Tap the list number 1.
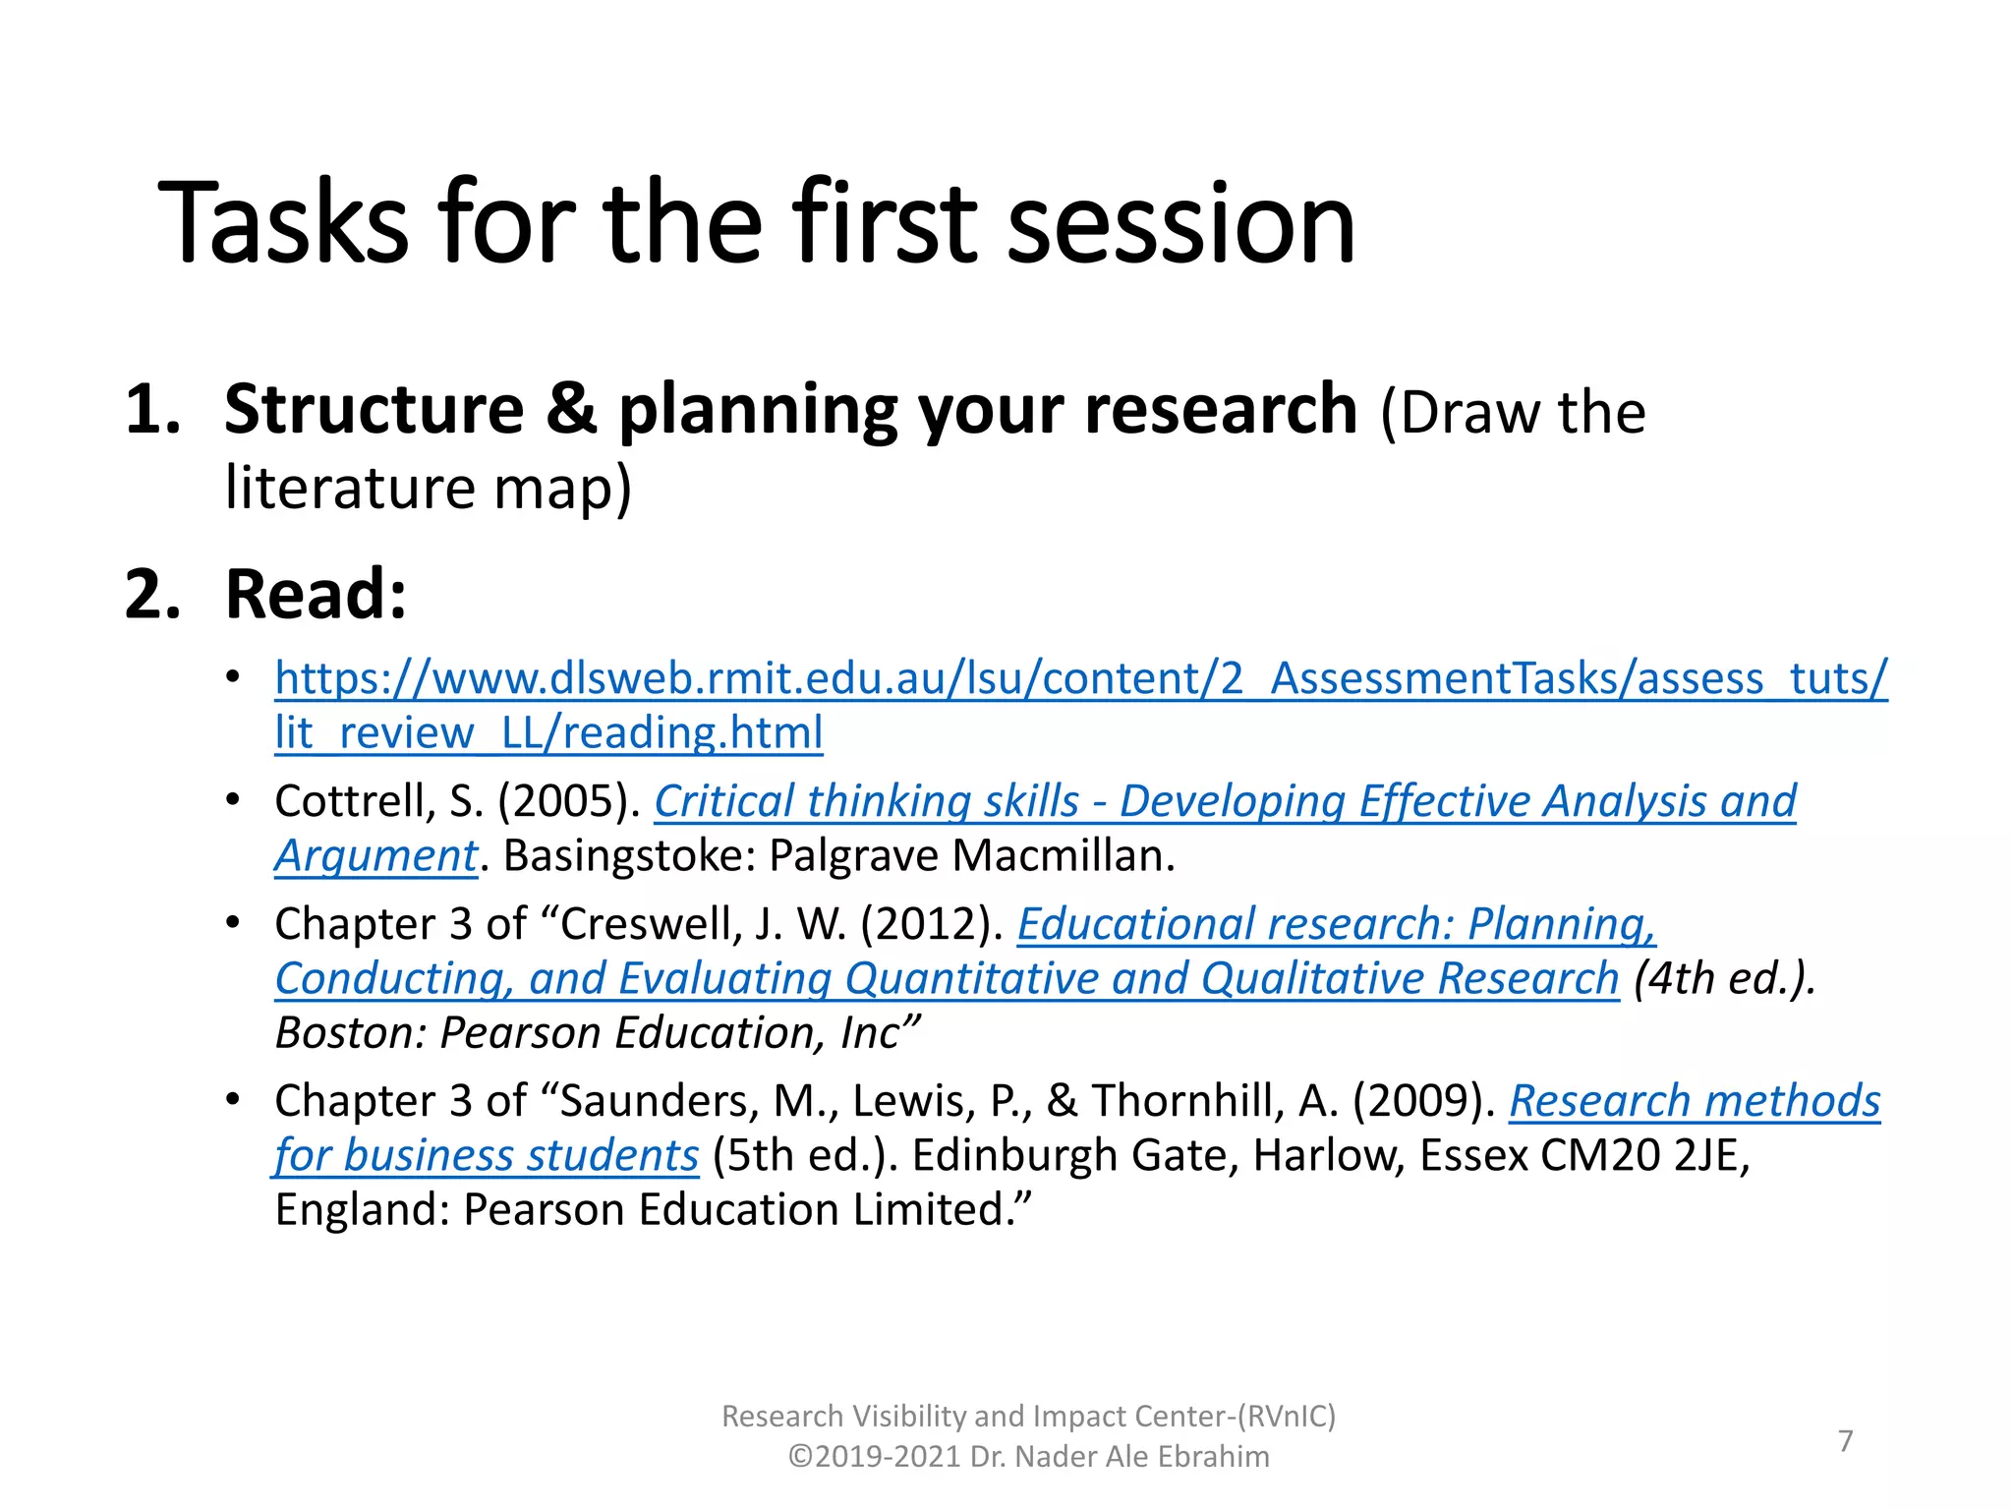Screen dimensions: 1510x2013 pyautogui.click(x=152, y=409)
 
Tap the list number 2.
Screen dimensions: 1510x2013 pyautogui.click(x=152, y=595)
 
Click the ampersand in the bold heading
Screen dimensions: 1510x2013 pyautogui.click(x=571, y=409)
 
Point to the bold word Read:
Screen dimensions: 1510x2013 pyautogui.click(x=316, y=595)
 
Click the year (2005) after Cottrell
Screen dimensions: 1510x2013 pyautogui.click(x=569, y=801)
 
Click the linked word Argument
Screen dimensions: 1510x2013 pyautogui.click(x=375, y=856)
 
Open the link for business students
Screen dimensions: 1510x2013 pyautogui.click(x=488, y=1156)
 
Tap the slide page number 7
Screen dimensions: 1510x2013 pyautogui.click(x=1845, y=1441)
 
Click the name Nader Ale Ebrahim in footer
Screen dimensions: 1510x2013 pyautogui.click(x=1141, y=1457)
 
